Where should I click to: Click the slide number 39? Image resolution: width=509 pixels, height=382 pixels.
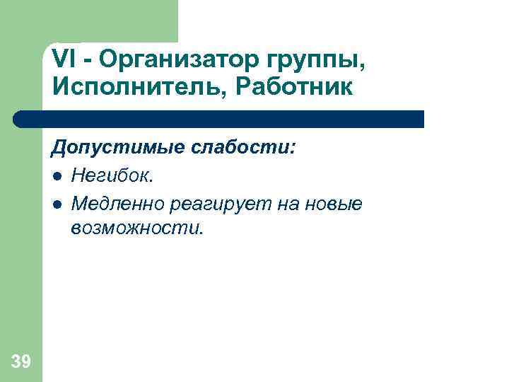pyautogui.click(x=21, y=362)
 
